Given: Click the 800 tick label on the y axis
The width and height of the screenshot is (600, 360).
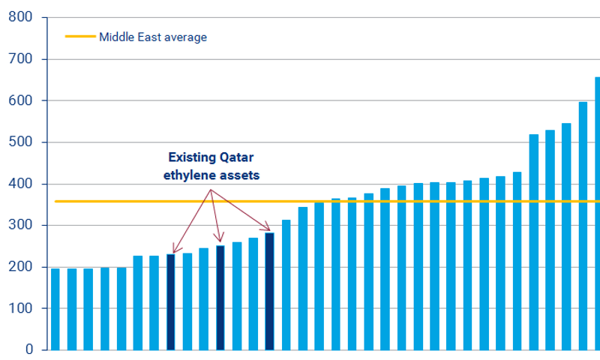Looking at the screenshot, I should [21, 16].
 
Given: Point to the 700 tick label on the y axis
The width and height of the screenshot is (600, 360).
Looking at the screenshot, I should [21, 58].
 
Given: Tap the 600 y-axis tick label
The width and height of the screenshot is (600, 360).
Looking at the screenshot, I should [21, 100].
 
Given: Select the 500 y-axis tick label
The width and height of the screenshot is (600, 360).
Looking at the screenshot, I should [21, 142].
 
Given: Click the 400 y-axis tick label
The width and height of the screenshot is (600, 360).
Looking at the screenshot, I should [21, 184].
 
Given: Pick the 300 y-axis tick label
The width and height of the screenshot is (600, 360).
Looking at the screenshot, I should [21, 226].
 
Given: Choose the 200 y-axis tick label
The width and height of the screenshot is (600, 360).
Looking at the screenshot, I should [21, 267].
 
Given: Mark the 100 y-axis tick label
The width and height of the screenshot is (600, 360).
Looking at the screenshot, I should [21, 308].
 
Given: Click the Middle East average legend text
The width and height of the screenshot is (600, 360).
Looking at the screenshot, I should [152, 37].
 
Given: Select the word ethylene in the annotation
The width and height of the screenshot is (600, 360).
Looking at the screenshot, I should [190, 173].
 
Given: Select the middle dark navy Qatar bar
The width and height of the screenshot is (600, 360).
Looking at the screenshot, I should [220, 297].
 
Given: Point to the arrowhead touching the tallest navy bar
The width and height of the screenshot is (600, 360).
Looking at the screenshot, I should [267, 229].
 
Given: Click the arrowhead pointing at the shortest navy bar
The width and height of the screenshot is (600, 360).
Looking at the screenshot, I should [175, 250].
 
